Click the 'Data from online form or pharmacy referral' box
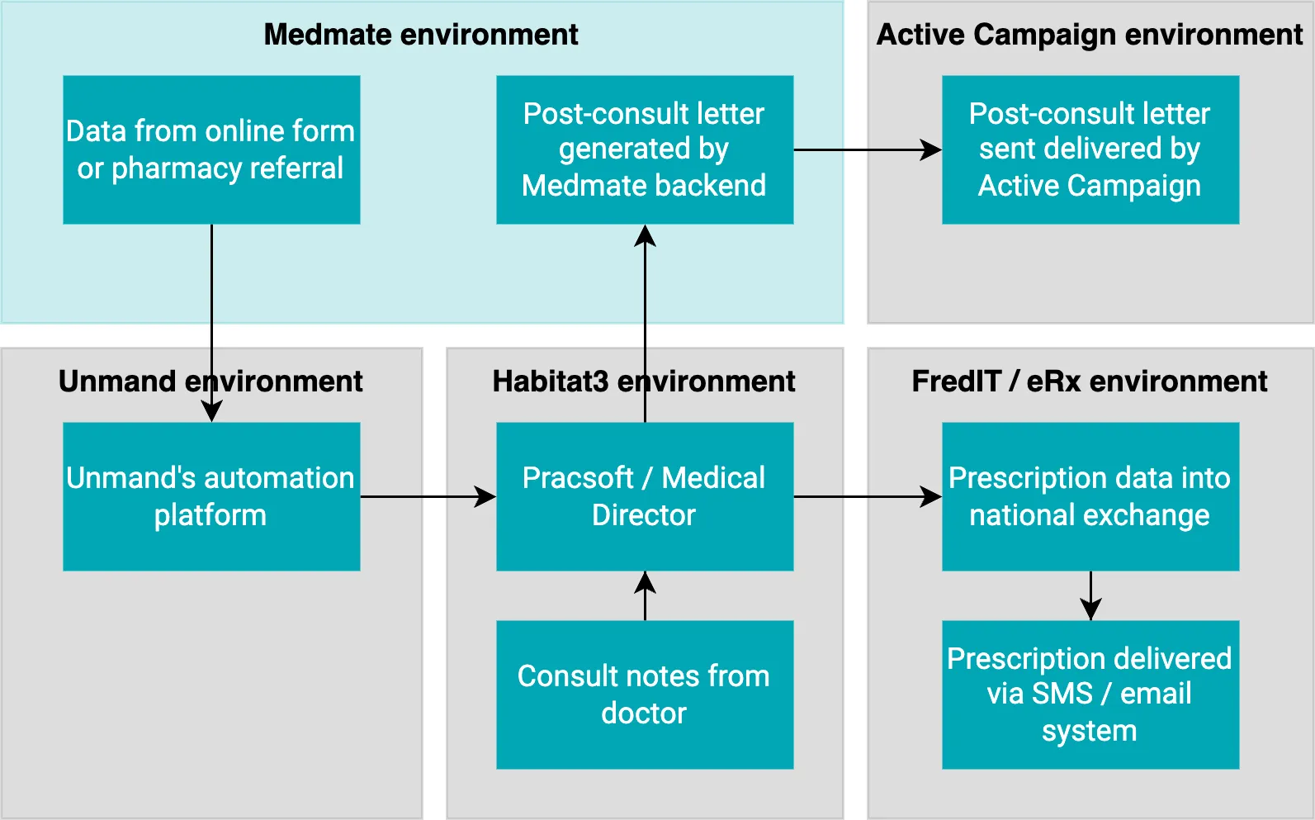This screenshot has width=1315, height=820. pos(211,149)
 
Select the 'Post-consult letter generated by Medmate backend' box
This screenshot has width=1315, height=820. pos(644,149)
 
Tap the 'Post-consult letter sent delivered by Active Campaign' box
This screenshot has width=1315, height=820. pos(1090,149)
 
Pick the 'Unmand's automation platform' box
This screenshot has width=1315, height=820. pos(211,496)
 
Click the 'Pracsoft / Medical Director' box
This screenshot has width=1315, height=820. pos(644,496)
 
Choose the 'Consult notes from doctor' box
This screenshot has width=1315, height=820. pos(644,694)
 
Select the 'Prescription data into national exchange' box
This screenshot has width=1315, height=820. pos(1090,496)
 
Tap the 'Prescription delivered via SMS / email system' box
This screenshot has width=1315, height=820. pos(1090,694)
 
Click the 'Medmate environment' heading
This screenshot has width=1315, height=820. pos(421,35)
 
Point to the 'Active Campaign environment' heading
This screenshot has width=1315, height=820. pos(1090,35)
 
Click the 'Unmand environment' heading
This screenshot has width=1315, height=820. pos(210,382)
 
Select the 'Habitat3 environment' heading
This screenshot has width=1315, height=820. pos(644,382)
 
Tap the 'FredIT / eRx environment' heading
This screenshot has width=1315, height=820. pos(1090,382)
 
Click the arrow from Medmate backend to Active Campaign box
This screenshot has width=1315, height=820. pos(867,150)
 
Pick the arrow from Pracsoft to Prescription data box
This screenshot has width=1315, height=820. pos(867,497)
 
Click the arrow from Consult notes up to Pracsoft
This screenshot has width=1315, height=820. pos(645,595)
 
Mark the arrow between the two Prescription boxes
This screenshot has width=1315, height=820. pos(1090,595)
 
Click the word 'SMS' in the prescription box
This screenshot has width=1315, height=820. pos(1062,694)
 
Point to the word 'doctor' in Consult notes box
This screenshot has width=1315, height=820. pos(644,713)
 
